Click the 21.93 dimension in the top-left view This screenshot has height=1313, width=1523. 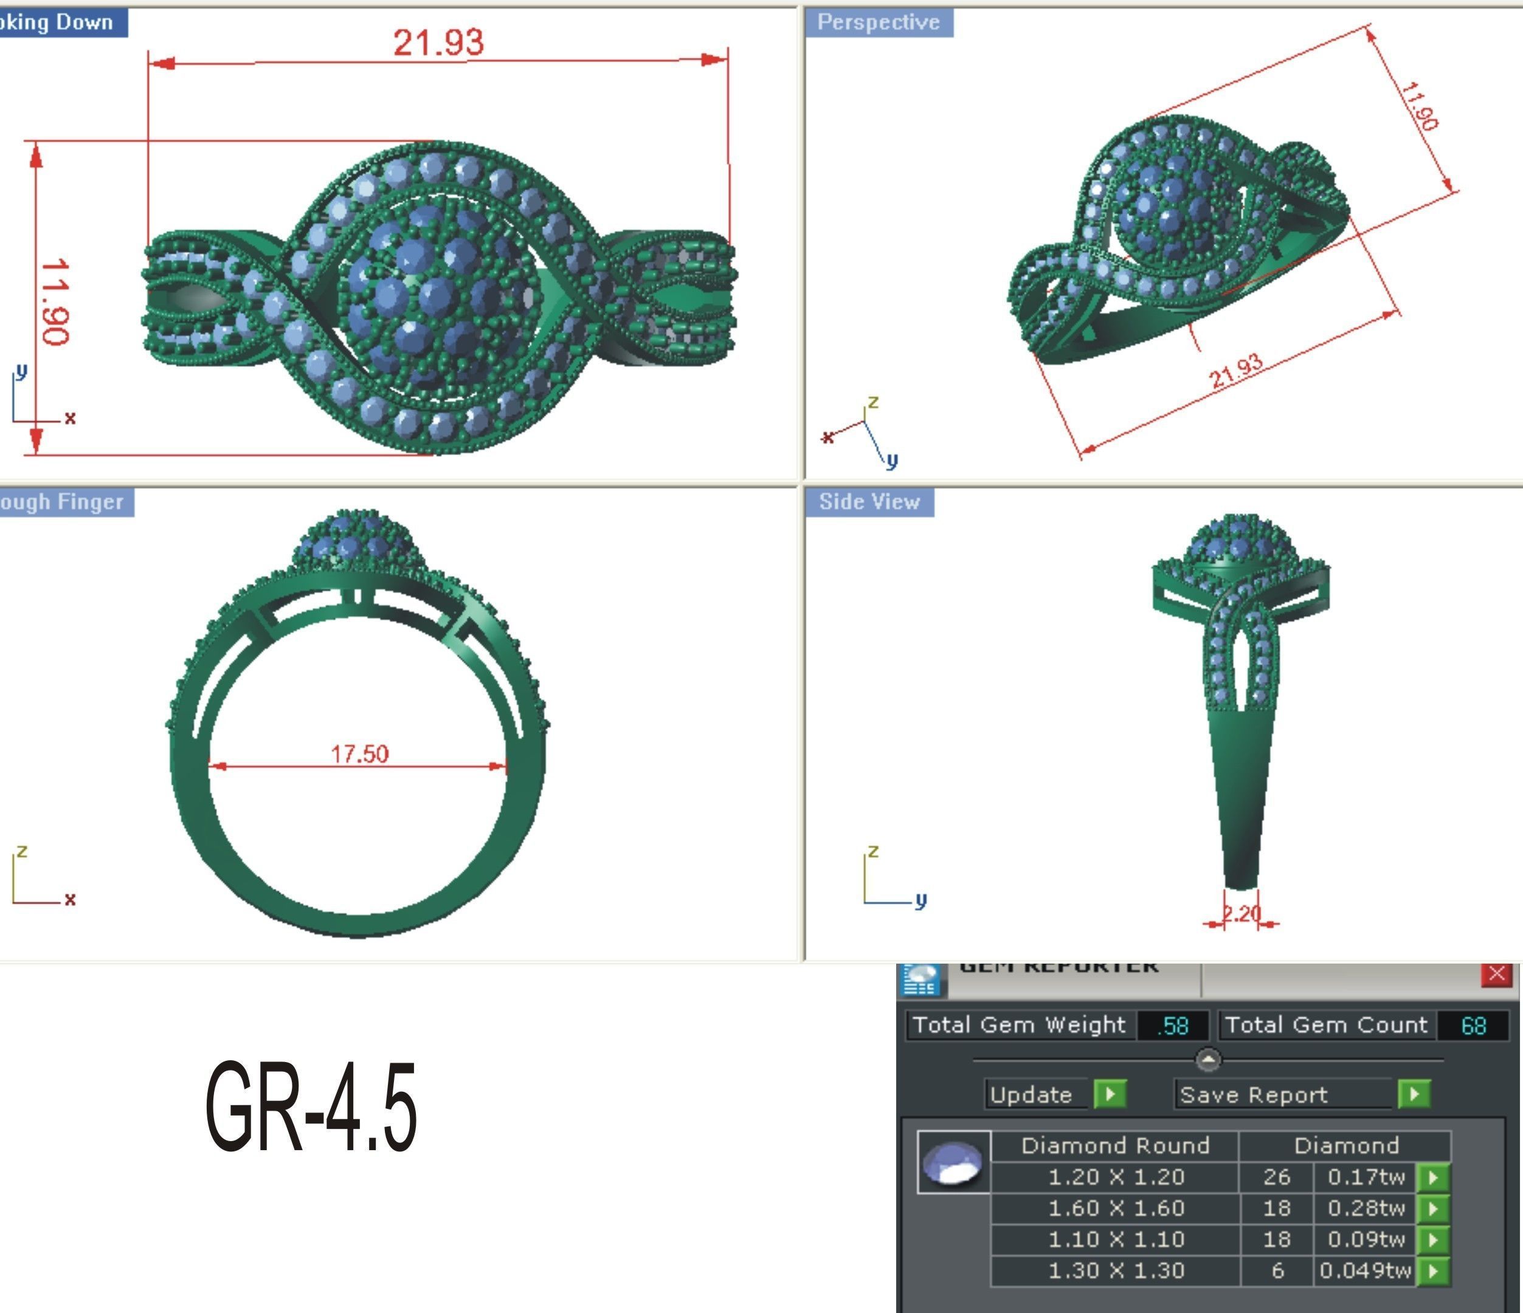[438, 43]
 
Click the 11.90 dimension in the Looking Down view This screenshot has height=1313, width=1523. [55, 301]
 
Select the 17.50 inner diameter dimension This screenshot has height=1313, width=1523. [359, 754]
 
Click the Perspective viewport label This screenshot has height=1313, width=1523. [879, 22]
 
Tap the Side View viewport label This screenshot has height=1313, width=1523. [869, 502]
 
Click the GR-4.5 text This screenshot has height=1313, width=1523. [311, 1107]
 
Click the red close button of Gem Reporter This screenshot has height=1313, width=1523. [1496, 975]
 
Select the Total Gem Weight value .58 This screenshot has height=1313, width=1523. [1173, 1026]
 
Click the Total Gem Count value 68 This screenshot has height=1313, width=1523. [1473, 1026]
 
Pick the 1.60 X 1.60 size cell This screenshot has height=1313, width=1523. [1116, 1208]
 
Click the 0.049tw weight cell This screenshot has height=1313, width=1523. [1365, 1271]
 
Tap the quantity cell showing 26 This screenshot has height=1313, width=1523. [1277, 1177]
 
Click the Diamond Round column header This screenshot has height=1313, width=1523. [1115, 1145]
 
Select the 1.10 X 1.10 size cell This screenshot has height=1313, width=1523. [1116, 1240]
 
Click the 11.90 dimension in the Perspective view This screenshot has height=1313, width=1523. [1418, 106]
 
